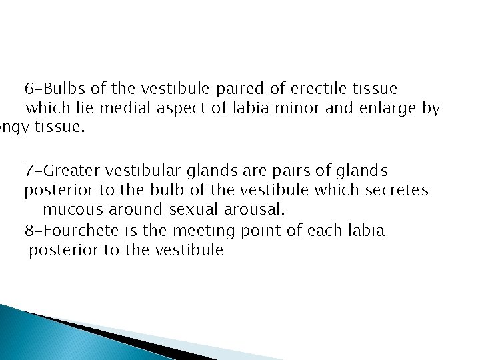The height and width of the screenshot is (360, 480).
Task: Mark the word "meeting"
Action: pyautogui.click(x=199, y=231)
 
